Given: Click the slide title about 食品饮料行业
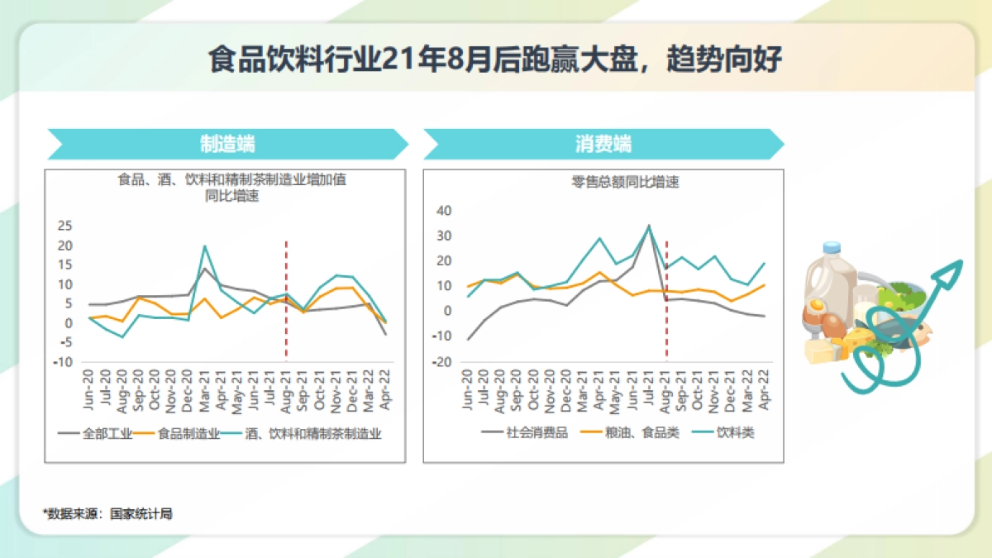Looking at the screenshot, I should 495,60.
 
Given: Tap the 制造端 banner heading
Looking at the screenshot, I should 227,144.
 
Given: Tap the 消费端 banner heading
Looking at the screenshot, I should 603,144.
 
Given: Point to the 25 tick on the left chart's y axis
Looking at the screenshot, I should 64,226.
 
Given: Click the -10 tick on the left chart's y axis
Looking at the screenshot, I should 63,362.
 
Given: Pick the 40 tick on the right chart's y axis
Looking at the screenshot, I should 444,211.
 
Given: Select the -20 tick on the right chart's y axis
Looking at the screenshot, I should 442,362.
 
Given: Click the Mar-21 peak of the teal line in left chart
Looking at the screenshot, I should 204,246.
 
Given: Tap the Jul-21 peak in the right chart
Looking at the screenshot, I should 649,225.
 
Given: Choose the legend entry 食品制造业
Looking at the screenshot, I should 187,433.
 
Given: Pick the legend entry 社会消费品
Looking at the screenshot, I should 537,432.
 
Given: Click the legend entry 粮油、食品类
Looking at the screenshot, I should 641,432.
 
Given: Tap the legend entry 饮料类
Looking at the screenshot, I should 735,432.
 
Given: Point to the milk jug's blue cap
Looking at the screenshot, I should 832,246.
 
